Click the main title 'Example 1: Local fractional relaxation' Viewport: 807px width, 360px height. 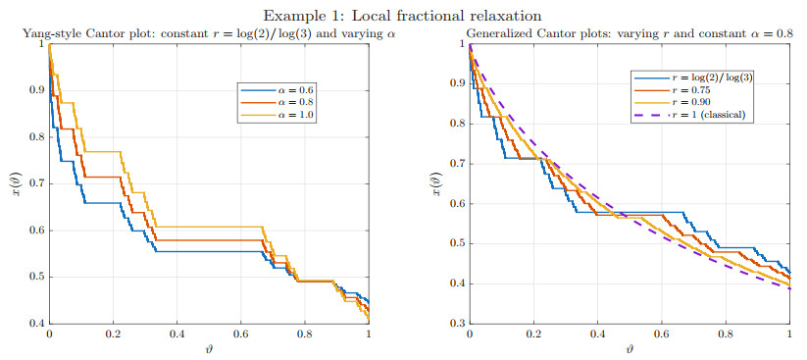click(404, 15)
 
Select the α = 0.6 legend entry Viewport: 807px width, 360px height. click(276, 90)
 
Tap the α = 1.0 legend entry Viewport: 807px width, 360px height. click(276, 116)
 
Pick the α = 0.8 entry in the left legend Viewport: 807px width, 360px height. click(276, 103)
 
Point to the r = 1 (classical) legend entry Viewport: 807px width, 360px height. click(688, 115)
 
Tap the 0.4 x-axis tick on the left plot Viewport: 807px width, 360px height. click(177, 334)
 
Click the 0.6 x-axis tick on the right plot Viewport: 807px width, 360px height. click(661, 334)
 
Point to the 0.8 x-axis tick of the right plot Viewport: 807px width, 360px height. click(726, 334)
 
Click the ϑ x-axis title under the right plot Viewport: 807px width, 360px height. click(630, 348)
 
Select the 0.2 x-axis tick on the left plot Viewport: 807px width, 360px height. click(113, 334)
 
